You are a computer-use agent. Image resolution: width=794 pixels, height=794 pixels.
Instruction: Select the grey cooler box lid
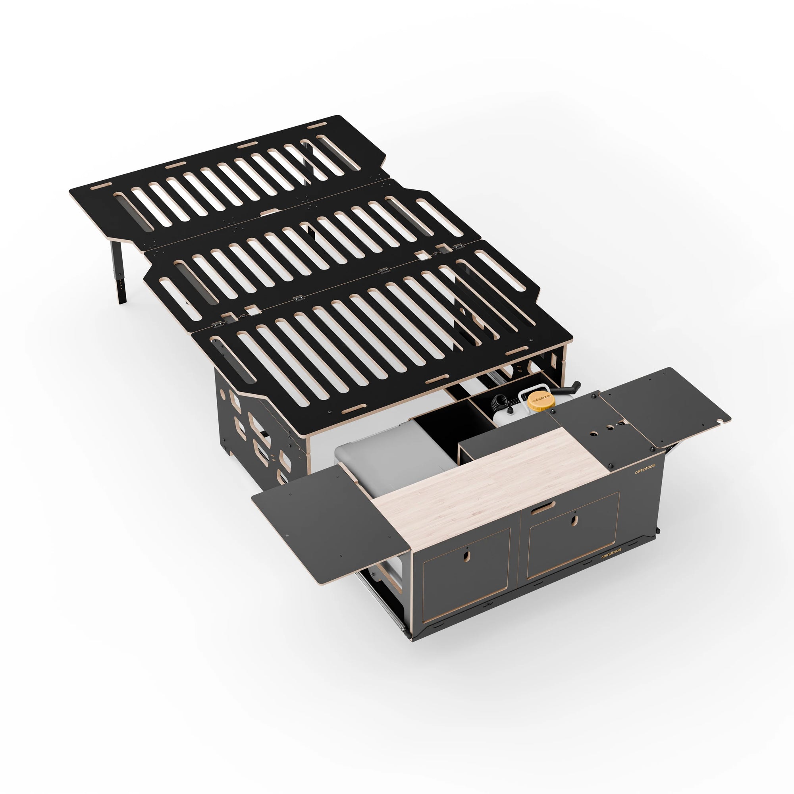click(x=386, y=452)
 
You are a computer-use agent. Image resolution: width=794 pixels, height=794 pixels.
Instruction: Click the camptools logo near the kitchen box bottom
click(x=611, y=553)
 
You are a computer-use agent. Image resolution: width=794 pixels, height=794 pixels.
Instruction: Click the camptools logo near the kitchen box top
click(x=645, y=469)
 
